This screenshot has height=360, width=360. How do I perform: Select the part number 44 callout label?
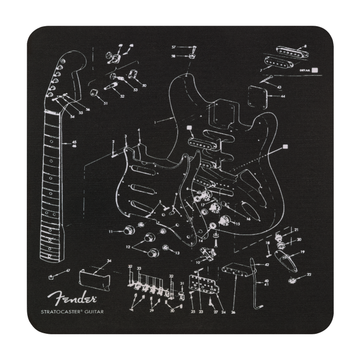coord(283,96)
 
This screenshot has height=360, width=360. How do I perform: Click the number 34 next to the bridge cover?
coord(109,261)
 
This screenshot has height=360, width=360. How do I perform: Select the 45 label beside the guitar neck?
coord(74,141)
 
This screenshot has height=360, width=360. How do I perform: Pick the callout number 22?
coord(309,275)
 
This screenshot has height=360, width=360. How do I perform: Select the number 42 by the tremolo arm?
coord(267,264)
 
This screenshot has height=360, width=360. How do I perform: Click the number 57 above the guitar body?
coord(174,47)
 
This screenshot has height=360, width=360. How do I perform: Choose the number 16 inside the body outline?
coord(248,219)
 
